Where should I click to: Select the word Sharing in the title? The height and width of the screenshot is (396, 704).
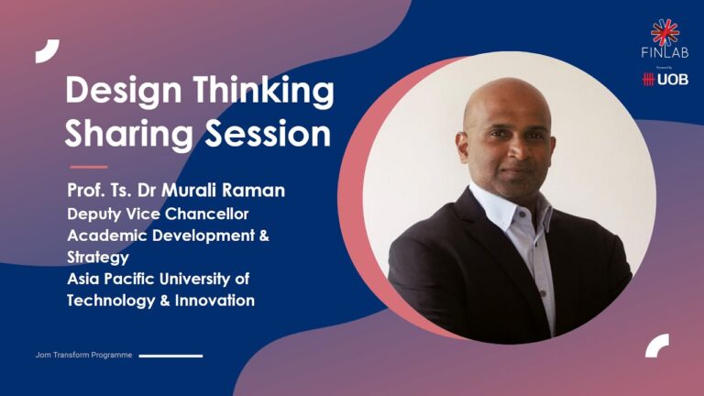pyautogui.click(x=128, y=136)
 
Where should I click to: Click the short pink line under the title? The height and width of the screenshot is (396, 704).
pyautogui.click(x=89, y=167)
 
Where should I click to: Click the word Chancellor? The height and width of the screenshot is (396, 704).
pyautogui.click(x=207, y=214)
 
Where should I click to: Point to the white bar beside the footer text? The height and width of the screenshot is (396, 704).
pyautogui.click(x=170, y=355)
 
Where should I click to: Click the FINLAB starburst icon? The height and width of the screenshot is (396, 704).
pyautogui.click(x=665, y=32)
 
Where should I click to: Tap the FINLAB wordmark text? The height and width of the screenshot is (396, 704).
pyautogui.click(x=665, y=54)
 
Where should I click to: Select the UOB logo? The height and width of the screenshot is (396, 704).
pyautogui.click(x=665, y=80)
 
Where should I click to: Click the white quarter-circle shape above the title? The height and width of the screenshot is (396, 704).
pyautogui.click(x=47, y=51)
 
